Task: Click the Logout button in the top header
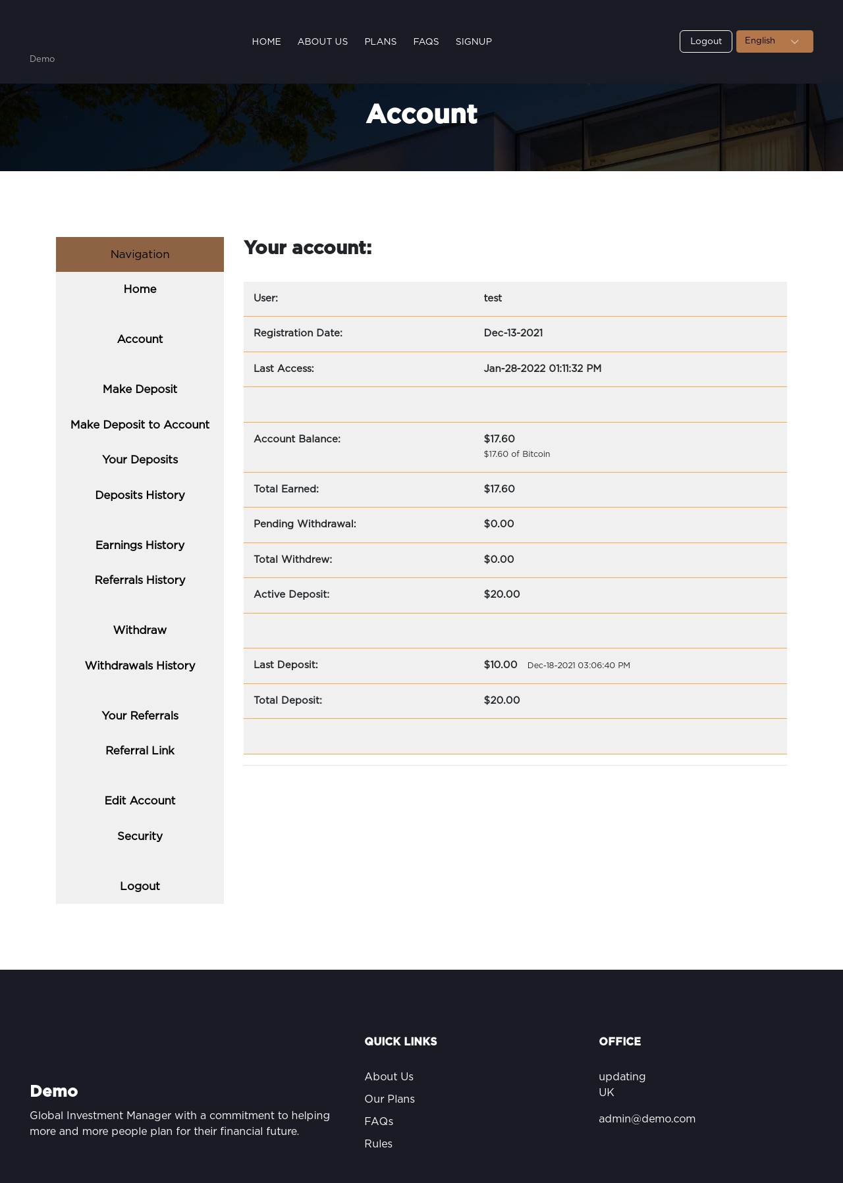(x=705, y=41)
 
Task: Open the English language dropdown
(x=774, y=41)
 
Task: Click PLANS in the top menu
(x=380, y=41)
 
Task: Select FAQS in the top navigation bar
(x=425, y=41)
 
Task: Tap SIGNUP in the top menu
(x=474, y=41)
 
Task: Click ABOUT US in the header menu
(x=322, y=41)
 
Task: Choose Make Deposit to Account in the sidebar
(x=140, y=425)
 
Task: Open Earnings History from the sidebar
(x=140, y=545)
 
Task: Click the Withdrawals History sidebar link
(x=140, y=666)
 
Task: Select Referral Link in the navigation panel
(x=140, y=750)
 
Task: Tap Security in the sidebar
(x=140, y=836)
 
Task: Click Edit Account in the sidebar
(x=140, y=801)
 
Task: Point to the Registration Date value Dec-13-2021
(x=513, y=333)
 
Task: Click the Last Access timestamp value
(x=542, y=369)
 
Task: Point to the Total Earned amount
(x=499, y=489)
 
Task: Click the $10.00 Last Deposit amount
(x=501, y=665)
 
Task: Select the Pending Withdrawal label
(x=304, y=524)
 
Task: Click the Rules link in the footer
(x=378, y=1144)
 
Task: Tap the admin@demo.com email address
(x=647, y=1118)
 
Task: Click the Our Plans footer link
(x=389, y=1099)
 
